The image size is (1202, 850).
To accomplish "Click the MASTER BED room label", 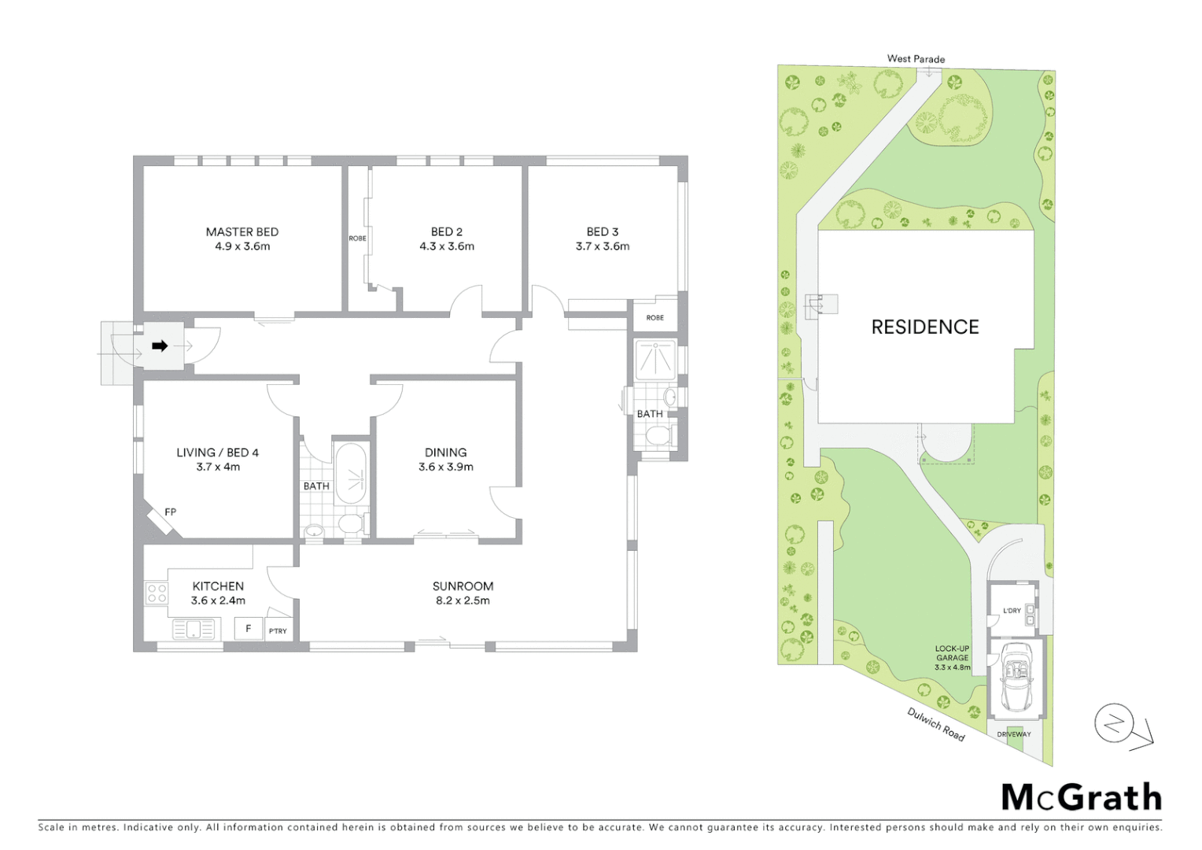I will pos(242,231).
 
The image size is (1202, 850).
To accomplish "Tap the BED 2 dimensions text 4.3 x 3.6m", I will pos(446,246).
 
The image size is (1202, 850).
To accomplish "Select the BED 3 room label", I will pos(602,231).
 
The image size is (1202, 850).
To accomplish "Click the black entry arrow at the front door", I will pos(160,346).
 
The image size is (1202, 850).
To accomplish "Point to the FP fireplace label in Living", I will pos(170,512).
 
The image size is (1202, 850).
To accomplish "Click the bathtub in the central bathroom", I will pos(351,474).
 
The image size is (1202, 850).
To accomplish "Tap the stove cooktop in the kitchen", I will pos(156,593).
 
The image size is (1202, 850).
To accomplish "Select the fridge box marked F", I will pos(249,629).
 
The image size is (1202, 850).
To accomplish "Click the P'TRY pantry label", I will pos(278,631).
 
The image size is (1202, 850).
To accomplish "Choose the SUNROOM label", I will pos(463,586).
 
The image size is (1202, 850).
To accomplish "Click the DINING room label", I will pos(445,452).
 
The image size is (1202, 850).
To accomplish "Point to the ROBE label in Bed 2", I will pos(357,238).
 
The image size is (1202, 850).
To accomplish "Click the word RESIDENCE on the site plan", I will pos(924,327).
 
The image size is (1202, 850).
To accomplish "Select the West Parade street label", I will pos(916,58).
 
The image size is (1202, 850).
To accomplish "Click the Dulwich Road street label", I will pos(935,724).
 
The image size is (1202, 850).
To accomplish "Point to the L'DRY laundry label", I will pos(1012,611).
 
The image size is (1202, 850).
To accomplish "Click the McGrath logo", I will pos(1081,797).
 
